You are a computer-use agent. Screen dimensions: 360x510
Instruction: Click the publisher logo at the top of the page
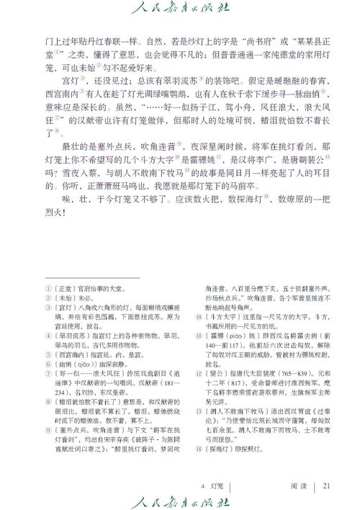180,9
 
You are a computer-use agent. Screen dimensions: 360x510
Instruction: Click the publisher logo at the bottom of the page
180,498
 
